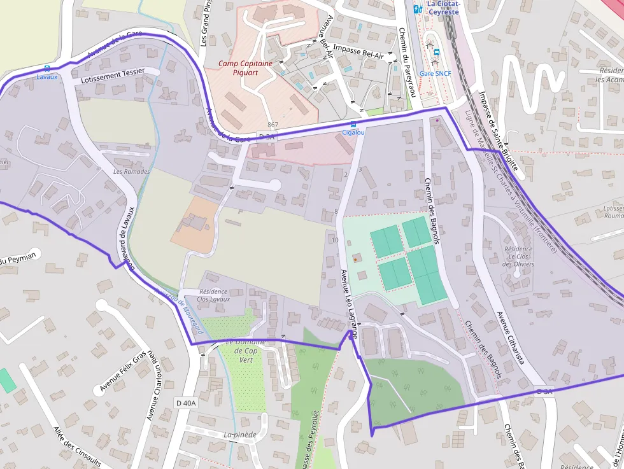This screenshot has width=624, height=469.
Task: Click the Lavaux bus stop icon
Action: (46, 69)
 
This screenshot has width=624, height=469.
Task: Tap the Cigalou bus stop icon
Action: (353, 124)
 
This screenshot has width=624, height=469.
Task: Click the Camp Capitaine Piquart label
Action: (245, 67)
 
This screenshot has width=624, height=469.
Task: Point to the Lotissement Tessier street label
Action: (113, 76)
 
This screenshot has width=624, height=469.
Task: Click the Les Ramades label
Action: (132, 172)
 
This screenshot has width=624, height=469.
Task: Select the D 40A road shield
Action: (187, 403)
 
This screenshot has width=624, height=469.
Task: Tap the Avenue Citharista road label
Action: (510, 337)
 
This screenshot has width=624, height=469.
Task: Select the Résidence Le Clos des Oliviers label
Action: (518, 256)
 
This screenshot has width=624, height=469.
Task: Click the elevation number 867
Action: (273, 125)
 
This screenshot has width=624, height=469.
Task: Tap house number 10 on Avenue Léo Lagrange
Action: (335, 240)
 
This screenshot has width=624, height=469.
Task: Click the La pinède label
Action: (239, 435)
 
